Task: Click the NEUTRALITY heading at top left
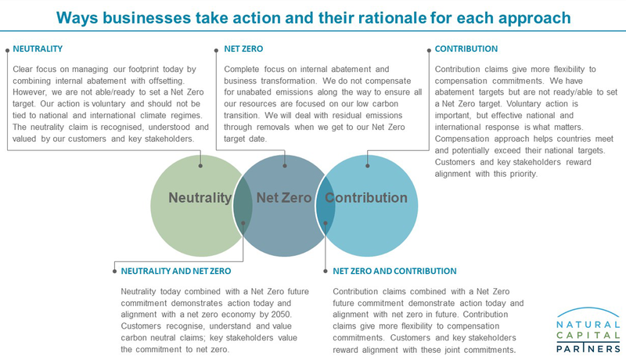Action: pyautogui.click(x=38, y=49)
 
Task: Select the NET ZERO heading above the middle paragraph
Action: pyautogui.click(x=243, y=49)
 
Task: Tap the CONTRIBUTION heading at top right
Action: pyautogui.click(x=466, y=49)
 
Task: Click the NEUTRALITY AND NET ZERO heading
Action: pyautogui.click(x=175, y=271)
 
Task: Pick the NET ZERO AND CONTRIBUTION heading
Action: pyautogui.click(x=394, y=271)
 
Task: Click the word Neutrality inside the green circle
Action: pyautogui.click(x=200, y=197)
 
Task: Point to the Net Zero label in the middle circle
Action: pyautogui.click(x=284, y=197)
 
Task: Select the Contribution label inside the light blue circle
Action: pyautogui.click(x=366, y=197)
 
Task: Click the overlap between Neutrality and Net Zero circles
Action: pyautogui.click(x=243, y=206)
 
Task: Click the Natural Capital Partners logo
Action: pyautogui.click(x=588, y=330)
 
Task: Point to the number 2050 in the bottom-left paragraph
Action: pyautogui.click(x=282, y=315)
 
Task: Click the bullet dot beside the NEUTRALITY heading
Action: pyautogui.click(x=8, y=51)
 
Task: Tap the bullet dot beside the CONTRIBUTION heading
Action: pyautogui.click(x=429, y=51)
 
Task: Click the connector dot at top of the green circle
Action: pyautogui.click(x=200, y=166)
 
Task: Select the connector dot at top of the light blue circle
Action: pyautogui.click(x=368, y=166)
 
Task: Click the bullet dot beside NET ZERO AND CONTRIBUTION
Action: pyautogui.click(x=326, y=272)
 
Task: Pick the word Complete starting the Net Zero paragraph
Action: pyautogui.click(x=241, y=70)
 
